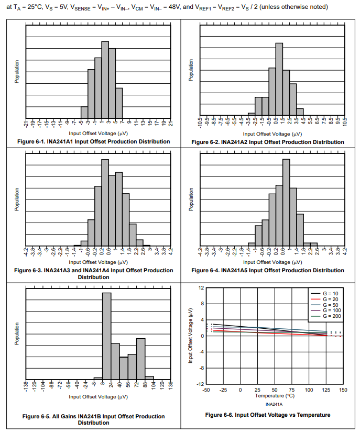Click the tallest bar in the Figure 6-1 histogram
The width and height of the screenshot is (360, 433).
(105, 80)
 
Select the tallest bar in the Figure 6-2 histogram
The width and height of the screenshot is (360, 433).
(279, 79)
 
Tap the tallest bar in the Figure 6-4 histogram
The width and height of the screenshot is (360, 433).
(286, 202)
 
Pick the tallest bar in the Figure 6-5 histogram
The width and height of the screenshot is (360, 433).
(106, 335)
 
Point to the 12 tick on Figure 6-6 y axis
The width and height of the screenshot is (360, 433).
(202, 288)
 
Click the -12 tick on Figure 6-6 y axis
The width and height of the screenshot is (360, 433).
(201, 384)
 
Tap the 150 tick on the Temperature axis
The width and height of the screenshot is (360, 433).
(343, 390)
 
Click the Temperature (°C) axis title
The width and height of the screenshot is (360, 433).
(275, 396)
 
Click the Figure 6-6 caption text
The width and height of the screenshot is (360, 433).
(268, 415)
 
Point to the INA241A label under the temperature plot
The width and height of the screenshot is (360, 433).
(274, 404)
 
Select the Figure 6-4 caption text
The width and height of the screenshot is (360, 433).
(268, 270)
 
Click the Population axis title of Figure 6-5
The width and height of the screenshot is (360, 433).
(17, 334)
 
